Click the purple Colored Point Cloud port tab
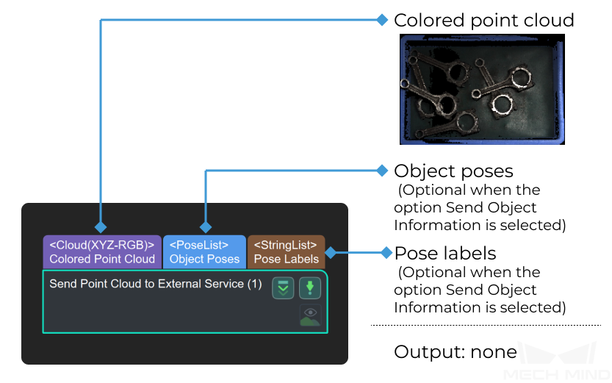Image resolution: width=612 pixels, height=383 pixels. click(x=102, y=252)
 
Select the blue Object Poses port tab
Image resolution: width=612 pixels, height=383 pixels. click(x=204, y=252)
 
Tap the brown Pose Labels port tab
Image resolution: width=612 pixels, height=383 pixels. click(x=286, y=252)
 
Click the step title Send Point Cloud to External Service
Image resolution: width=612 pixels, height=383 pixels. click(x=155, y=284)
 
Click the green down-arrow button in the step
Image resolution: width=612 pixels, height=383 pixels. click(x=310, y=287)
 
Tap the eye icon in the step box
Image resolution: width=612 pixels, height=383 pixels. click(x=310, y=312)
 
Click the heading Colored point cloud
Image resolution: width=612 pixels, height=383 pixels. click(x=484, y=21)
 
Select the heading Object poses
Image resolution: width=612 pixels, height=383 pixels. click(x=453, y=171)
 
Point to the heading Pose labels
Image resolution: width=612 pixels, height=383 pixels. click(x=445, y=254)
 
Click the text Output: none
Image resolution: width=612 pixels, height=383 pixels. click(x=456, y=352)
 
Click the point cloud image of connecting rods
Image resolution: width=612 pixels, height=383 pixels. click(x=482, y=90)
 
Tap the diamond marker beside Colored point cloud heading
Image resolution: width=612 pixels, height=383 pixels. click(x=383, y=20)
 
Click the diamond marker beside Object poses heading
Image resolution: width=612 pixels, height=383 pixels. click(x=383, y=171)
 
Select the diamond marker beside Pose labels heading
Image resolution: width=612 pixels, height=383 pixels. click(x=386, y=253)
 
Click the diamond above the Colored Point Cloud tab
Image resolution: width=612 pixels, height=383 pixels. click(x=101, y=227)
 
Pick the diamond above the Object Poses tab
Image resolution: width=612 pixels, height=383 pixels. click(x=206, y=227)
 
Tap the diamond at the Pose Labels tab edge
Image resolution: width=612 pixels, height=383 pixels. click(x=331, y=253)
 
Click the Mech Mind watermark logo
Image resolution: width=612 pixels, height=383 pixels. click(x=558, y=361)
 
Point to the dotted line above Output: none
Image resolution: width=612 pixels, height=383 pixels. click(x=486, y=325)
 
